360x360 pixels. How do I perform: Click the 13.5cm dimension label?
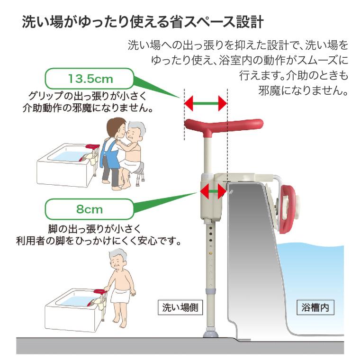click(90, 78)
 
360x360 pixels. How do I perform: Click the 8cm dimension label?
click(90, 208)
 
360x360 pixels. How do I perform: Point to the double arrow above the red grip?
click(206, 103)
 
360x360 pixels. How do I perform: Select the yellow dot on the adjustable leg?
click(209, 254)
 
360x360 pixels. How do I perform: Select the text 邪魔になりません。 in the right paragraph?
click(303, 90)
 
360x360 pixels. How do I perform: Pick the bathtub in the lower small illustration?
click(71, 310)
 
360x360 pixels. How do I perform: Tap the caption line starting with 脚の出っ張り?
click(94, 229)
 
